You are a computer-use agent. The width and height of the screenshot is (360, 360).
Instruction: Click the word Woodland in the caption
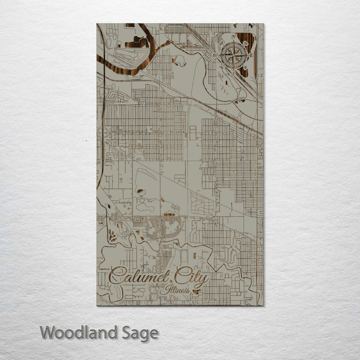click(x=78, y=332)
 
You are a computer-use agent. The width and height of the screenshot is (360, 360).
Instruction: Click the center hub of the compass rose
click(x=230, y=55)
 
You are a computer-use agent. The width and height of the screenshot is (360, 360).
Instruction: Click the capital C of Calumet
click(x=116, y=276)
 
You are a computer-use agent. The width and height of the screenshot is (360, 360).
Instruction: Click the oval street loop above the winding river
click(x=169, y=228)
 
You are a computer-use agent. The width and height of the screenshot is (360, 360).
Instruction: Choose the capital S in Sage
click(x=126, y=332)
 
